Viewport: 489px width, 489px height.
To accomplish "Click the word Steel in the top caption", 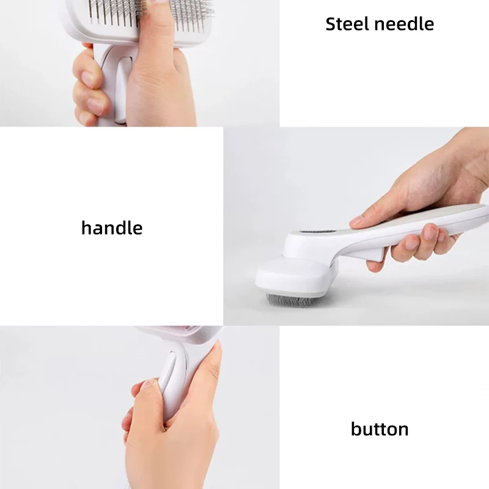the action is (347, 24).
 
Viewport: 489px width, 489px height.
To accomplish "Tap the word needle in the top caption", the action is (404, 24).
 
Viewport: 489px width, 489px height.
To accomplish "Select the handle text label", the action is (112, 227).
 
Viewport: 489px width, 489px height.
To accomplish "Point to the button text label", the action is (380, 429).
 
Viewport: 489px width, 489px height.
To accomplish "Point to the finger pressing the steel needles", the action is (156, 47).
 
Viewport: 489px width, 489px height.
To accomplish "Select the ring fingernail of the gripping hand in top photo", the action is (95, 106).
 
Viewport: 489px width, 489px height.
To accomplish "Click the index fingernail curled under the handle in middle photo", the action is (431, 232).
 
